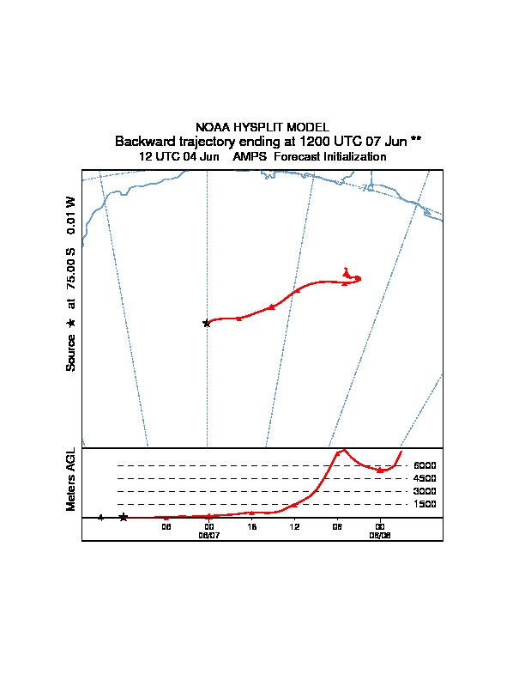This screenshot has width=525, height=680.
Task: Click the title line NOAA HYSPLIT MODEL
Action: (x=262, y=127)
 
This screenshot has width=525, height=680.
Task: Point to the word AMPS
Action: (x=251, y=157)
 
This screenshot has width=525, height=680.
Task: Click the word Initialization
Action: (x=354, y=157)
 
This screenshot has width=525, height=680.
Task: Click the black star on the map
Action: (x=206, y=323)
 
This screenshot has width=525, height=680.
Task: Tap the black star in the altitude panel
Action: (x=124, y=517)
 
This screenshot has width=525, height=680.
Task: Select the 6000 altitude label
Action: (x=425, y=465)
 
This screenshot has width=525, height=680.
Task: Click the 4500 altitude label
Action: (x=425, y=478)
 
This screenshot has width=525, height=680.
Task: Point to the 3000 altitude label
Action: (x=425, y=491)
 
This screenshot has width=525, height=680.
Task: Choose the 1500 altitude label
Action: (x=425, y=504)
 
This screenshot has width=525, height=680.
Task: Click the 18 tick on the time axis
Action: (x=251, y=526)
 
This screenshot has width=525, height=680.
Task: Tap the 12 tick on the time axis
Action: (x=294, y=526)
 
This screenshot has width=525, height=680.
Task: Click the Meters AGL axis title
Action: (x=71, y=480)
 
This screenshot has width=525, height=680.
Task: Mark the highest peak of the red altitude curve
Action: (x=343, y=449)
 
